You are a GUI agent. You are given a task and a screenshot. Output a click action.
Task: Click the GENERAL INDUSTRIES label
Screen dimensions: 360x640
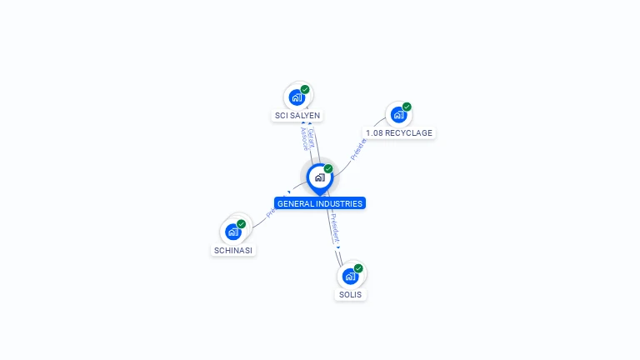coord(320,203)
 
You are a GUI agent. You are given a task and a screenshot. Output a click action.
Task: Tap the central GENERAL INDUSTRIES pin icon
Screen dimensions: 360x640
coord(319,177)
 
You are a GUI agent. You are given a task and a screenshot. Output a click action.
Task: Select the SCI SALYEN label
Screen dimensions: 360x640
coord(297,116)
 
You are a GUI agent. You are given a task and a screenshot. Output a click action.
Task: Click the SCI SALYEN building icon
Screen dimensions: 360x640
coord(297,97)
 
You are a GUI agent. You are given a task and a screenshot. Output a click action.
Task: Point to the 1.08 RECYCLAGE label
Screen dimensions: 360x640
coord(400,133)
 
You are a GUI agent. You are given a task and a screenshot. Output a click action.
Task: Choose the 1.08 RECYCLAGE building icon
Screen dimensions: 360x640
coord(398,115)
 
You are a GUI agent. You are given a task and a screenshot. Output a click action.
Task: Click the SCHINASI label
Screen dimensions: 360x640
coord(233,250)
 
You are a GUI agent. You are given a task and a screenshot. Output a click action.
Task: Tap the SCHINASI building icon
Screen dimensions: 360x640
coord(233,232)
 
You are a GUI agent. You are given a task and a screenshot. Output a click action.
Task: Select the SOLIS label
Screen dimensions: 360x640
coord(351,295)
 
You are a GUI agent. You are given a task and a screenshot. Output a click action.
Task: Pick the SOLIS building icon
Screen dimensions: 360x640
coord(351,276)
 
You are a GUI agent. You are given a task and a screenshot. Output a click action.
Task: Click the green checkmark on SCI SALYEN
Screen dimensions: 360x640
coord(305,89)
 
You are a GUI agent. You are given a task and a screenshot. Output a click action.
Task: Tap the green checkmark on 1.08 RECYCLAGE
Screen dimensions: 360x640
coord(407,107)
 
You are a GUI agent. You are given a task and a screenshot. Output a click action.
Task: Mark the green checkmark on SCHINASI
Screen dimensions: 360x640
coord(241,224)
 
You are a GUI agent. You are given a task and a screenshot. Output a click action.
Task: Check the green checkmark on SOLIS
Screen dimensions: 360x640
coord(358,268)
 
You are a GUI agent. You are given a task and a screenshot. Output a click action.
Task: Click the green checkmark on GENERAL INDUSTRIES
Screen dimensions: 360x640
coord(328,169)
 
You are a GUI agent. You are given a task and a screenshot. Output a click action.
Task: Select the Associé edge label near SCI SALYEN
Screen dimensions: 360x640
coord(303,139)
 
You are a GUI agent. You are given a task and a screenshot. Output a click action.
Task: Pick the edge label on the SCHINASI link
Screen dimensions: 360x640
coord(272,211)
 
